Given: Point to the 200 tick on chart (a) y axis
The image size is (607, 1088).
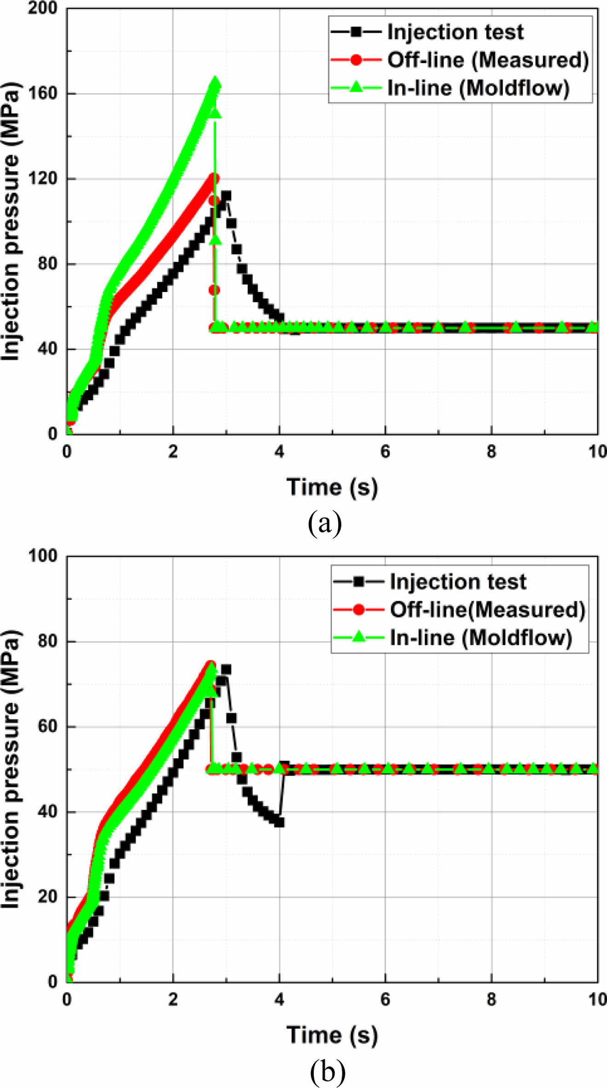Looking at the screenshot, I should pos(42,8).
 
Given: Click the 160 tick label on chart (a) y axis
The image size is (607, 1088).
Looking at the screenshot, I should pos(42,93).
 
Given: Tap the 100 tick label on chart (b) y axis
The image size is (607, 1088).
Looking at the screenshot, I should pos(42,556).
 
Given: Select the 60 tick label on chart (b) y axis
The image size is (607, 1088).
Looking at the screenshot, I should pos(47,726).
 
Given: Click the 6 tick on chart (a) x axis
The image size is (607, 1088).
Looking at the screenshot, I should pos(385,452).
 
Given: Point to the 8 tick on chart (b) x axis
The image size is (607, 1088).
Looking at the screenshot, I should pos(491,1000).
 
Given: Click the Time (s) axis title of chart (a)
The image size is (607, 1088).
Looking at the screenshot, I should pos(332,487).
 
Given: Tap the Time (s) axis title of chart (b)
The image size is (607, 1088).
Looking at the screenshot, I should pos(332,1035).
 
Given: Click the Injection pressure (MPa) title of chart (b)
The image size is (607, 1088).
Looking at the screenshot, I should pos(11,768).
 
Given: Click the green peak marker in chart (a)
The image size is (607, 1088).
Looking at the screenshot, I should pos(215,84).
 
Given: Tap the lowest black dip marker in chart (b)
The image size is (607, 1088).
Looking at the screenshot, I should pos(279,823).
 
